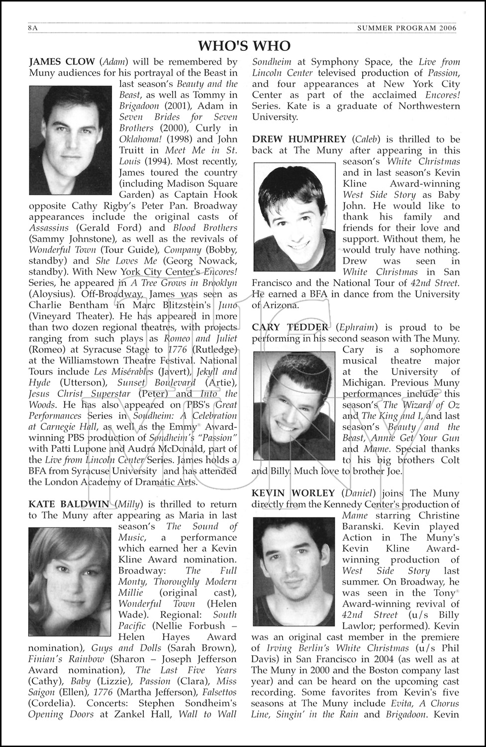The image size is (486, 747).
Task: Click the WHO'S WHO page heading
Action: (x=244, y=46)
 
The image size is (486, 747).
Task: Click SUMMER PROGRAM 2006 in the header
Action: (x=406, y=28)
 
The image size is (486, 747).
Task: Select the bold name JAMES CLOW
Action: (x=62, y=62)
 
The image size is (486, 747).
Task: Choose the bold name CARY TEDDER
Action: (x=290, y=327)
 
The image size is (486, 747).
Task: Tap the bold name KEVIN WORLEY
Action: (x=293, y=493)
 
